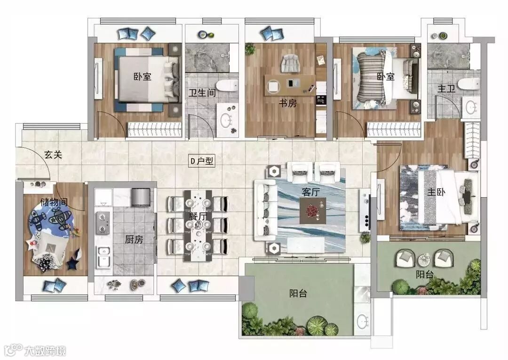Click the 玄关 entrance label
click(x=53, y=154)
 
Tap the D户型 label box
click(x=201, y=161)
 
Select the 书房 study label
click(x=288, y=104)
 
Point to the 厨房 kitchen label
click(x=134, y=240)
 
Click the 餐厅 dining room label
click(x=198, y=216)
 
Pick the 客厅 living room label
click(x=311, y=192)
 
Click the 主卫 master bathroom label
click(x=446, y=88)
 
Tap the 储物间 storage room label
click(x=54, y=202)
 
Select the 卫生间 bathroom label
click(x=202, y=93)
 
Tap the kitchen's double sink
click(x=103, y=257)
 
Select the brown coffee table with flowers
click(x=313, y=211)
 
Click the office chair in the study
click(x=291, y=64)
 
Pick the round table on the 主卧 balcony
click(x=424, y=260)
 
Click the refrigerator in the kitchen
click(x=141, y=197)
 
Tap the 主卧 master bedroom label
click(x=436, y=192)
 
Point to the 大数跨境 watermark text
click(x=45, y=351)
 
